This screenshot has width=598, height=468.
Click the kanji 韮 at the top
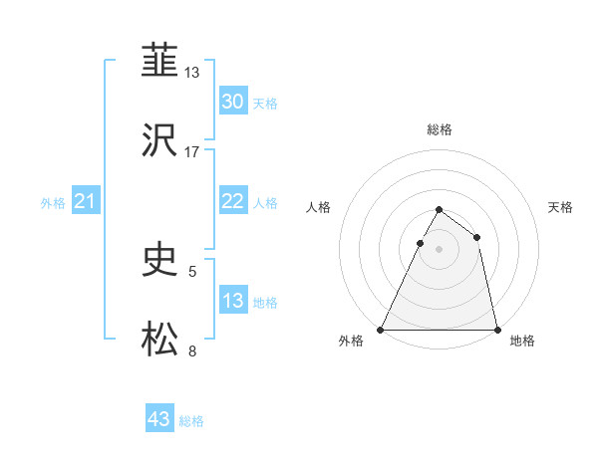[160, 62]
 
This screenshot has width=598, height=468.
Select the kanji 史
[160, 261]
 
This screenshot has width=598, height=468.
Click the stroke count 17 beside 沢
[192, 152]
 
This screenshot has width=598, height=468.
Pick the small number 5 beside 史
[192, 270]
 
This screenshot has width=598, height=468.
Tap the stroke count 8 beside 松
[192, 351]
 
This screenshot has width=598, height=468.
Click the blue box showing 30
[232, 102]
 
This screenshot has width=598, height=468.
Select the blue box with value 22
[232, 201]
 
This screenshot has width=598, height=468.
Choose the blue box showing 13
[232, 301]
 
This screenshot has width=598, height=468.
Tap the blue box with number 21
[86, 202]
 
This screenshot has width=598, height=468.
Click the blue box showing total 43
[159, 419]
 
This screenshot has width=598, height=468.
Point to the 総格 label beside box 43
[192, 421]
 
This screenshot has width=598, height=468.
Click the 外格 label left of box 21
[53, 203]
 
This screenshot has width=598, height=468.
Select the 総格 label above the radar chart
[440, 129]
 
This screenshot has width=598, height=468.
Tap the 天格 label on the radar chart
[560, 207]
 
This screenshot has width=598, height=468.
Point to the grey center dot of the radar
[439, 250]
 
